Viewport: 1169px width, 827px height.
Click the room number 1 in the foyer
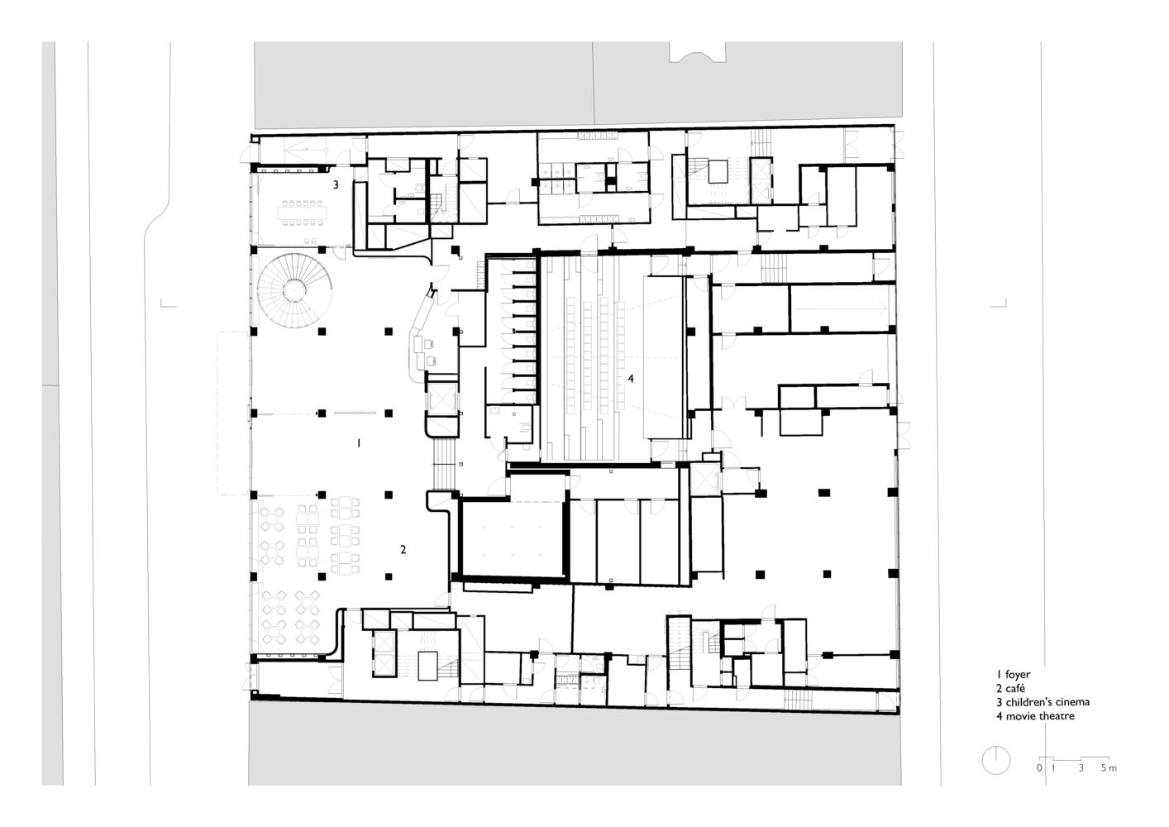(359, 443)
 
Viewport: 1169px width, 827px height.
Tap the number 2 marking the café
(403, 549)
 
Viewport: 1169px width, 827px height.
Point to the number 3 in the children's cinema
(336, 184)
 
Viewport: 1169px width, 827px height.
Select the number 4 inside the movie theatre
(631, 379)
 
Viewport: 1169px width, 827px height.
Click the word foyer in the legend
(1018, 675)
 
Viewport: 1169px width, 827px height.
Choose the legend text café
(1015, 689)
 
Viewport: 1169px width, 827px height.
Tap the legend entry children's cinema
(1047, 702)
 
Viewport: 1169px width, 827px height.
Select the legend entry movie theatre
(1040, 716)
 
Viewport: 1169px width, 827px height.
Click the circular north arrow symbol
(995, 760)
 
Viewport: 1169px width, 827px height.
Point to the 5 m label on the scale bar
(1109, 768)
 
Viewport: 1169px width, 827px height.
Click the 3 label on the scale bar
(1081, 768)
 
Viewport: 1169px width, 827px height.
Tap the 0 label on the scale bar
(1039, 768)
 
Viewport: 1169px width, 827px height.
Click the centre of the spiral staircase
(294, 290)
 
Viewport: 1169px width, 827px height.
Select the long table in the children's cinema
(302, 213)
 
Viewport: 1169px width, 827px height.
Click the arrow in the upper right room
(840, 308)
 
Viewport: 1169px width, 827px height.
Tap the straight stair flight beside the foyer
(444, 464)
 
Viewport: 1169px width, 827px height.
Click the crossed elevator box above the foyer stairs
(442, 399)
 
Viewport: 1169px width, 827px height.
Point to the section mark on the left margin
(168, 304)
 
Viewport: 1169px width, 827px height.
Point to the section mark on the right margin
(999, 304)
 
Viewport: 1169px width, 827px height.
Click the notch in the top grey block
(698, 51)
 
